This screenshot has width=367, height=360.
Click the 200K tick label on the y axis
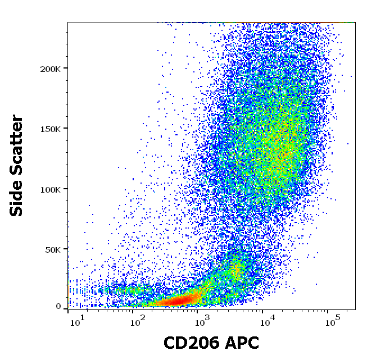coord(53,69)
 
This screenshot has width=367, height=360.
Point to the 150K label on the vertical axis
coord(53,129)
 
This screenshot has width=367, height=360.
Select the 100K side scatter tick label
coord(53,189)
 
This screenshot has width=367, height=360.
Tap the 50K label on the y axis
coord(55,249)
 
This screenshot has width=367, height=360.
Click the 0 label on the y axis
coord(58,307)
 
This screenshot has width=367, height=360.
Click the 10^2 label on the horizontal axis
coord(137,322)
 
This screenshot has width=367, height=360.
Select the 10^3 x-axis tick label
coord(201,322)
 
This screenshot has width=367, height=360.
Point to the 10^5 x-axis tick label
coord(333,322)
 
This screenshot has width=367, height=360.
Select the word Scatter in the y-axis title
coord(17,143)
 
